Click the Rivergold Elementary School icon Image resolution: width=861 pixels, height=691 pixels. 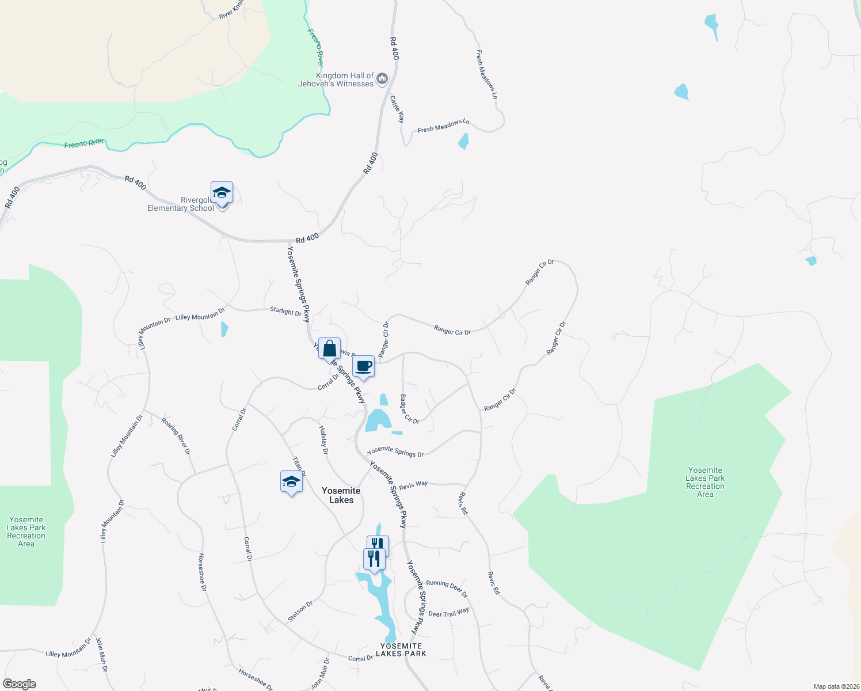(x=222, y=193)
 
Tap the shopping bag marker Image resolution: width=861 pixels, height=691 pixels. (x=329, y=350)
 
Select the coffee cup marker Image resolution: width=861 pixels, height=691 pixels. (x=363, y=366)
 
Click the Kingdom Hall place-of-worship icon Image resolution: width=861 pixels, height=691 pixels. (x=382, y=79)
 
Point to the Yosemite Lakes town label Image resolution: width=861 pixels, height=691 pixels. (x=341, y=495)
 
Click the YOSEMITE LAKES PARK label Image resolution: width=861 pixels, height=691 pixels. (x=401, y=650)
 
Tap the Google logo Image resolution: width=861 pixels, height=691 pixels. (x=19, y=684)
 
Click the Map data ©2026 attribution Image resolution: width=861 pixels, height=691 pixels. (x=836, y=686)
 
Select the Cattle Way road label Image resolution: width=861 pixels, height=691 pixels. (x=397, y=109)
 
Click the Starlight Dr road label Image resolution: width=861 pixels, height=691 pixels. (x=285, y=311)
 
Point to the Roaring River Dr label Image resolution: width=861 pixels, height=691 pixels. (x=176, y=436)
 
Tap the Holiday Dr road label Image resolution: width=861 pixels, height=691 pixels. (x=323, y=440)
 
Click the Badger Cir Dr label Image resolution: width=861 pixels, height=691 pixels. (x=409, y=409)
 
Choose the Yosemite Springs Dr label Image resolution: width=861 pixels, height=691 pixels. (x=395, y=452)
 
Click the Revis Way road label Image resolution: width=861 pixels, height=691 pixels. (x=413, y=485)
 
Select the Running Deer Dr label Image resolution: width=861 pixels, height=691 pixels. (x=447, y=588)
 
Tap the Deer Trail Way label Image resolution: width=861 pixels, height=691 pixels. (x=448, y=613)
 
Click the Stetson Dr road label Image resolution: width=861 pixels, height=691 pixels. (x=300, y=612)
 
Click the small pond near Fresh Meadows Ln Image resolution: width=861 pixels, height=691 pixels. (x=463, y=141)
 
